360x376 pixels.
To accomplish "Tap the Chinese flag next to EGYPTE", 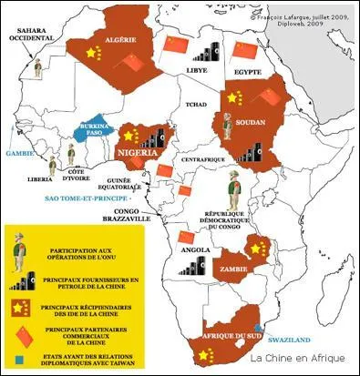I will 243,49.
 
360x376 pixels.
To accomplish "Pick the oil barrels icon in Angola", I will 192,265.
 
